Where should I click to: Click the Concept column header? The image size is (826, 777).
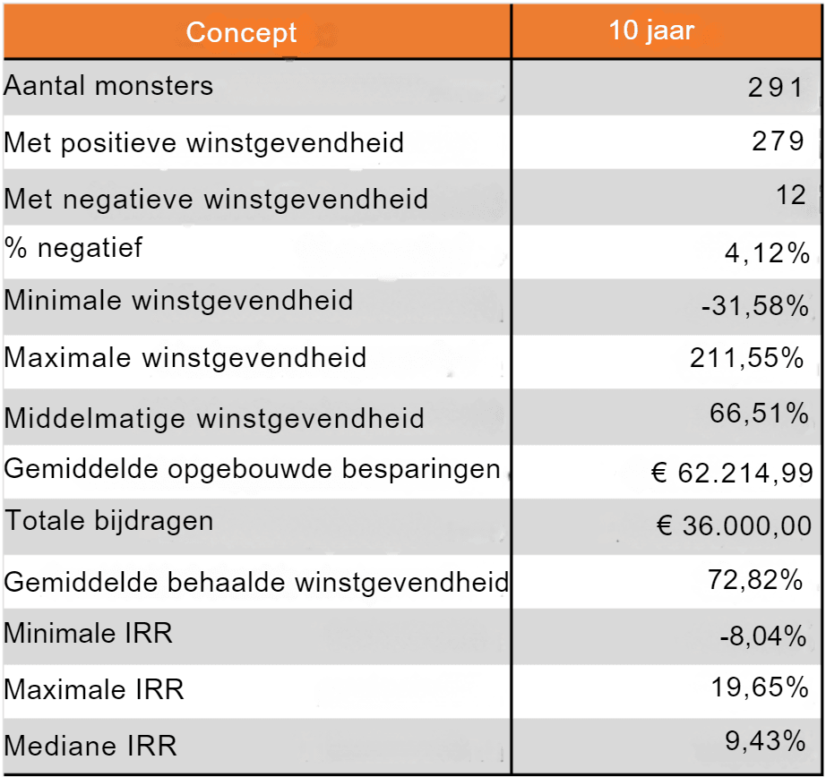[241, 33]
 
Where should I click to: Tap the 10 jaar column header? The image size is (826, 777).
[651, 30]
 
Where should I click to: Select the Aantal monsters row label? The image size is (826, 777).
[108, 86]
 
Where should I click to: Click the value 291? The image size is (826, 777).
[776, 87]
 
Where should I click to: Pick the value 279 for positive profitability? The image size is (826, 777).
[778, 141]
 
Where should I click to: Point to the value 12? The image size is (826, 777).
[792, 194]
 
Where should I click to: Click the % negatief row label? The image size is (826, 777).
[73, 248]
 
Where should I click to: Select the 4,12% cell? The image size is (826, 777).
[767, 254]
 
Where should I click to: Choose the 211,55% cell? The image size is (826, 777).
[747, 358]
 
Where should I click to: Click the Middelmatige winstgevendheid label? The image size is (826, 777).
[214, 418]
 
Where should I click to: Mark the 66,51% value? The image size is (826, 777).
[759, 413]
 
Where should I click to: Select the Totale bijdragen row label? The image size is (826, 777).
[109, 521]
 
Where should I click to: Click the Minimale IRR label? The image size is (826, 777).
[88, 634]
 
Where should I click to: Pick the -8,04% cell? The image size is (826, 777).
[763, 636]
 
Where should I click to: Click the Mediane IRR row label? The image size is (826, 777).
[90, 745]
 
